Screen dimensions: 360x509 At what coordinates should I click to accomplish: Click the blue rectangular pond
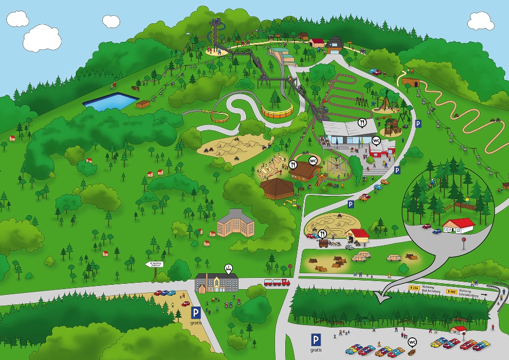(x=111, y=102)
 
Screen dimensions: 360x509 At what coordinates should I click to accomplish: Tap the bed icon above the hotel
(x=228, y=268)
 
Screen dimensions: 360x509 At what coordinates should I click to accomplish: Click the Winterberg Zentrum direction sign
(x=154, y=264)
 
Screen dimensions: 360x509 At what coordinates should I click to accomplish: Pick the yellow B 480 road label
(x=451, y=291)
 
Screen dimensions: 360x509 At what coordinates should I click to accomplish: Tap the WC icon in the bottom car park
(x=412, y=341)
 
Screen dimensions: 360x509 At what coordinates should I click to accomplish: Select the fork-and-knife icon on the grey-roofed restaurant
(x=362, y=122)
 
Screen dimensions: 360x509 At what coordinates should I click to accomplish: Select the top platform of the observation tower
(x=215, y=22)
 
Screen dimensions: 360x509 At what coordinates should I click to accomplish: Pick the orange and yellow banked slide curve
(x=276, y=111)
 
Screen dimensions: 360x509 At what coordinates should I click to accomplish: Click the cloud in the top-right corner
(x=480, y=21)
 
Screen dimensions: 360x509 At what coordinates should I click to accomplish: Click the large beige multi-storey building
(x=235, y=223)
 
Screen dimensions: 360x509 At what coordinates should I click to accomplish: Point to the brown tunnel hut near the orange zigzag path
(x=411, y=82)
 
